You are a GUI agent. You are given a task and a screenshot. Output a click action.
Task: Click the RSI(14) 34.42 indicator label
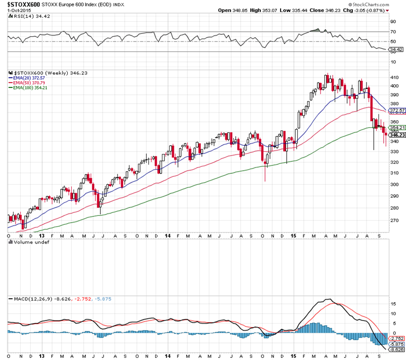[26, 17]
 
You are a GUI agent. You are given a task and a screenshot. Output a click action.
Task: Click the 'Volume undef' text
[29, 242]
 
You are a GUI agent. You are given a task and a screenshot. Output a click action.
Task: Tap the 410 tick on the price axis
[395, 77]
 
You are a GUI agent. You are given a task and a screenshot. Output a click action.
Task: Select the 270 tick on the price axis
[395, 220]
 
